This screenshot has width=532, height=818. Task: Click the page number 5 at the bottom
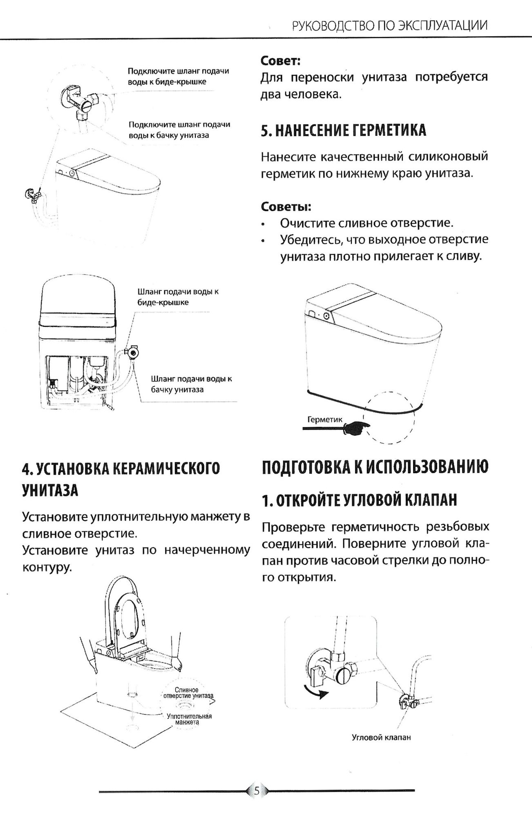pyautogui.click(x=257, y=791)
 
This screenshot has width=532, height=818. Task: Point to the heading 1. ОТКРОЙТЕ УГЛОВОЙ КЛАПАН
pyautogui.click(x=359, y=500)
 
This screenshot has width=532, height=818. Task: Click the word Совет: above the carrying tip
pyautogui.click(x=281, y=61)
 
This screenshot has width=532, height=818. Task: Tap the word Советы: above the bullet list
pyautogui.click(x=286, y=207)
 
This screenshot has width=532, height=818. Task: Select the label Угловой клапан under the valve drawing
pyautogui.click(x=381, y=737)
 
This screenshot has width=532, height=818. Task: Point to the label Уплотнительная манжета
pyautogui.click(x=189, y=719)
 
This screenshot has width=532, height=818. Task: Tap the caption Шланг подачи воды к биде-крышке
pyautogui.click(x=178, y=297)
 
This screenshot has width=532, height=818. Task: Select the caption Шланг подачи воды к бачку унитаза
pyautogui.click(x=191, y=384)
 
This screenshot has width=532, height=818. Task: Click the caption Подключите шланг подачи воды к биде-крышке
pyautogui.click(x=178, y=76)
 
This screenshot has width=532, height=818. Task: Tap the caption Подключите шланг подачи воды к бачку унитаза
pyautogui.click(x=179, y=130)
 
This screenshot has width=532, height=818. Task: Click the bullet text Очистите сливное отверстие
pyautogui.click(x=367, y=223)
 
